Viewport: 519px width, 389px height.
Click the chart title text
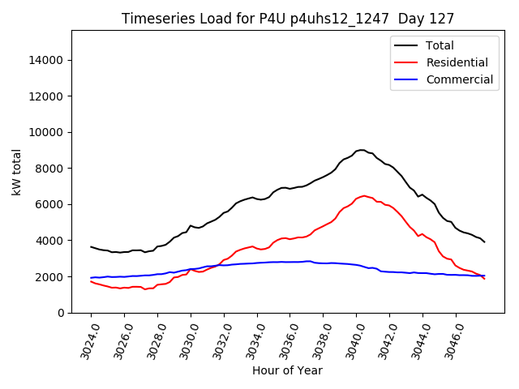(288, 19)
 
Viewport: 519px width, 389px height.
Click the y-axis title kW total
(16, 171)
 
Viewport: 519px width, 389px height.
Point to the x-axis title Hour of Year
(287, 370)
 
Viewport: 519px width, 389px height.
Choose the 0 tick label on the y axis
(62, 313)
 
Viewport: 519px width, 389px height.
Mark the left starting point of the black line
(91, 246)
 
